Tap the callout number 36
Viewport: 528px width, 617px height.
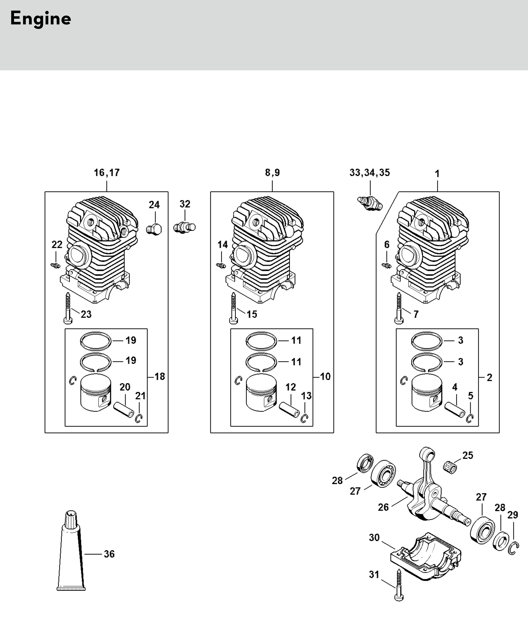click(109, 554)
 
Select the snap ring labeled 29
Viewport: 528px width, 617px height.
click(514, 549)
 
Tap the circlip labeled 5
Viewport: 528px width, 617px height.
click(470, 418)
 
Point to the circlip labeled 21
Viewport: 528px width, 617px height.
click(139, 418)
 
